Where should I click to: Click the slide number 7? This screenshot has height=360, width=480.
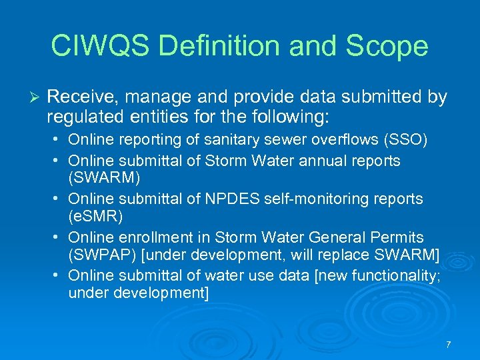pyautogui.click(x=448, y=345)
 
